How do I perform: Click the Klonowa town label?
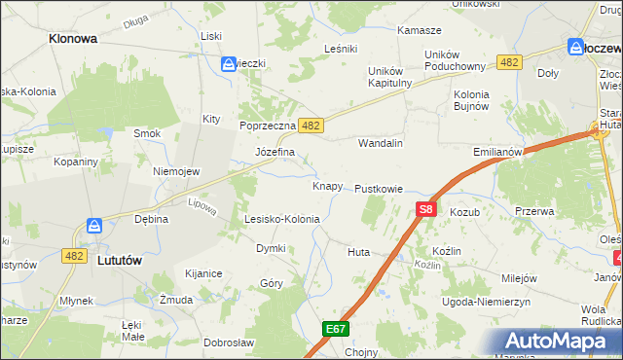click(72, 40)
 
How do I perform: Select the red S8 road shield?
click(425, 208)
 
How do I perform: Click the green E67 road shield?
click(336, 329)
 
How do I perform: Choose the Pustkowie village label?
click(379, 188)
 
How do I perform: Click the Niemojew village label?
click(176, 171)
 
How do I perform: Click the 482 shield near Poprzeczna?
click(311, 126)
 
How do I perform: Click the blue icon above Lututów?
click(93, 226)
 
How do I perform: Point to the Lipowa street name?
click(202, 205)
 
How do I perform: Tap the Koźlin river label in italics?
click(427, 265)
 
